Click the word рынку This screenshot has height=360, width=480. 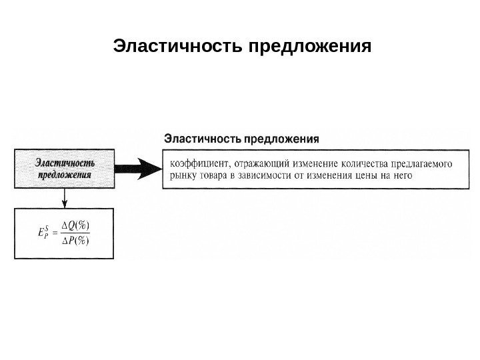[x=184, y=176]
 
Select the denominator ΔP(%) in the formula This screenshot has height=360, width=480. [x=75, y=240]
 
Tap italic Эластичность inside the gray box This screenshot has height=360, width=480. [x=65, y=163]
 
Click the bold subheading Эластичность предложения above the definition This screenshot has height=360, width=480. [x=241, y=139]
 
